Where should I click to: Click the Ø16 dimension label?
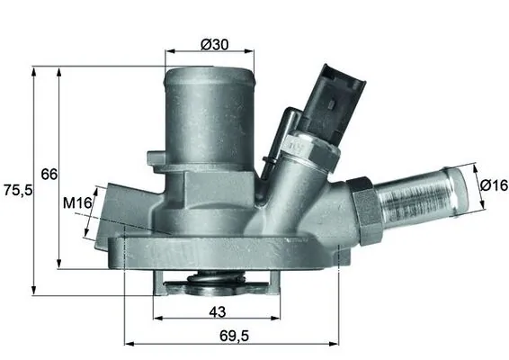pyautogui.click(x=493, y=184)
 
